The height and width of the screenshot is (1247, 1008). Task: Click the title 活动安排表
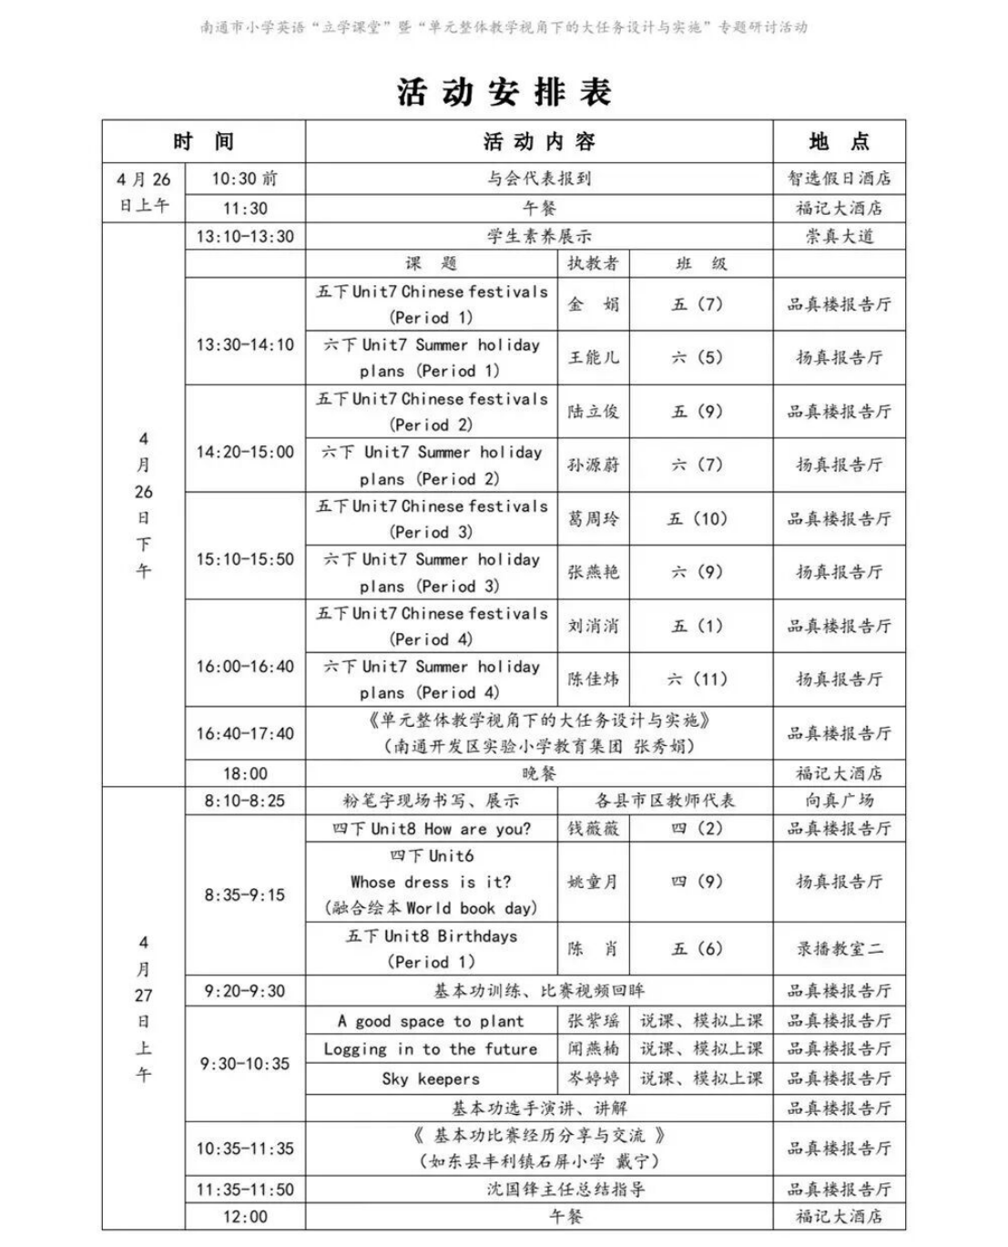pos(504,91)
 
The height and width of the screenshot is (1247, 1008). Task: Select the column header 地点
pos(839,141)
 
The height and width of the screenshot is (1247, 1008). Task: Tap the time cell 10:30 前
pos(245,179)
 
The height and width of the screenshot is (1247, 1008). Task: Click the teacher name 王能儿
pos(593,358)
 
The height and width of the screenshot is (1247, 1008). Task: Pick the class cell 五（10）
pos(697,519)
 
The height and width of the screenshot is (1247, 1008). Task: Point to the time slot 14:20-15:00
pos(245,452)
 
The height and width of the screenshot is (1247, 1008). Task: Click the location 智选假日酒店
pos(839,179)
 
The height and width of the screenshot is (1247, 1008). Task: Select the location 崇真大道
pos(839,237)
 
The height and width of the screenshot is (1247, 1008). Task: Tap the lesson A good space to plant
pos(431,1021)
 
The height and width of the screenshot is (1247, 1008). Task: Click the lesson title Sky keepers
pos(431,1078)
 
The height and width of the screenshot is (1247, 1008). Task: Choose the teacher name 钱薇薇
pos(593,828)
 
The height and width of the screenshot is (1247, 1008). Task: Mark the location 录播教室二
pos(839,949)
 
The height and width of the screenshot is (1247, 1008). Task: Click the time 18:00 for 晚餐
pos(245,773)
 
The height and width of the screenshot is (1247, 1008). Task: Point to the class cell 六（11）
pos(697,680)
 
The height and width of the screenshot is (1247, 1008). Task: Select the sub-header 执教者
pos(593,264)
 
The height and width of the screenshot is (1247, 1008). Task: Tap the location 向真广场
pos(839,801)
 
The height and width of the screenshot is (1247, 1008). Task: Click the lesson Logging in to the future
pos(431,1049)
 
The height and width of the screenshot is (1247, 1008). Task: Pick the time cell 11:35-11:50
pos(245,1190)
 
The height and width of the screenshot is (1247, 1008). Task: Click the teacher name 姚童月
pos(593,882)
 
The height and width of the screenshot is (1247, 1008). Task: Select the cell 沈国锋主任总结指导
pos(539,1190)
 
